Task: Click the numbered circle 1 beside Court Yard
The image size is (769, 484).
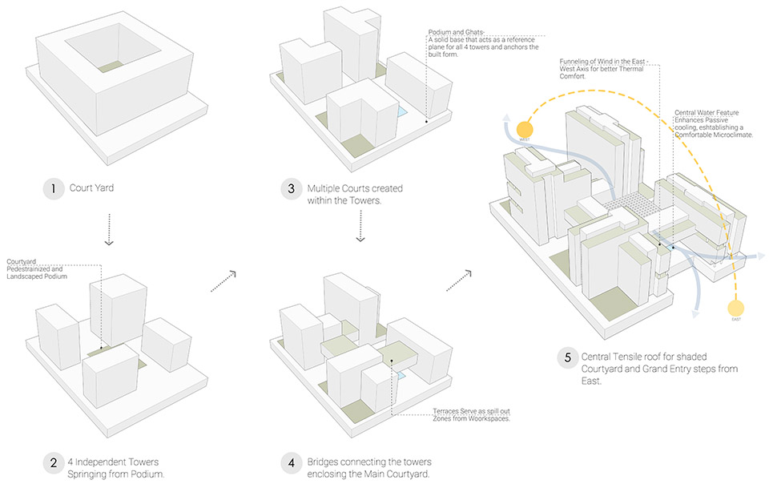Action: tap(53, 189)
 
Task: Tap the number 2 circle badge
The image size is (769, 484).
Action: tap(53, 462)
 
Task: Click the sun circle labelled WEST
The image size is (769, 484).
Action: tap(525, 129)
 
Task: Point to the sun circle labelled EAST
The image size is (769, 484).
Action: tap(735, 308)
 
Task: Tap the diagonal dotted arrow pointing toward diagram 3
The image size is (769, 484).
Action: tap(222, 281)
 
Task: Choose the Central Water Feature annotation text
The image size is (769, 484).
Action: tap(709, 119)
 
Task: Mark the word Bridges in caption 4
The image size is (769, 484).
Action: tap(325, 462)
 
